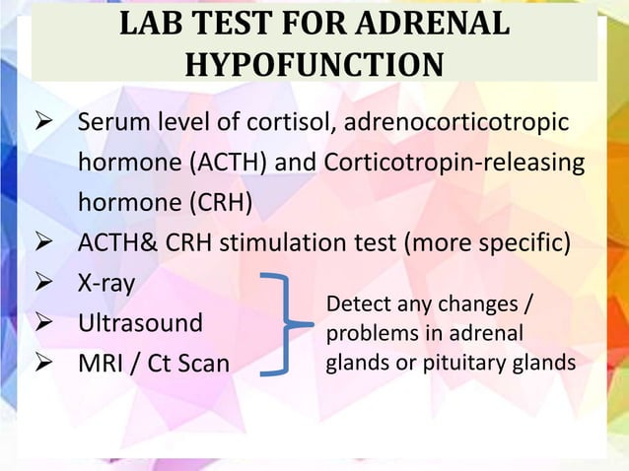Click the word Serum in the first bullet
(115, 125)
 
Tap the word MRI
(100, 364)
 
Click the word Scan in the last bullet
(201, 364)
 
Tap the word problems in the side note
(368, 330)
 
